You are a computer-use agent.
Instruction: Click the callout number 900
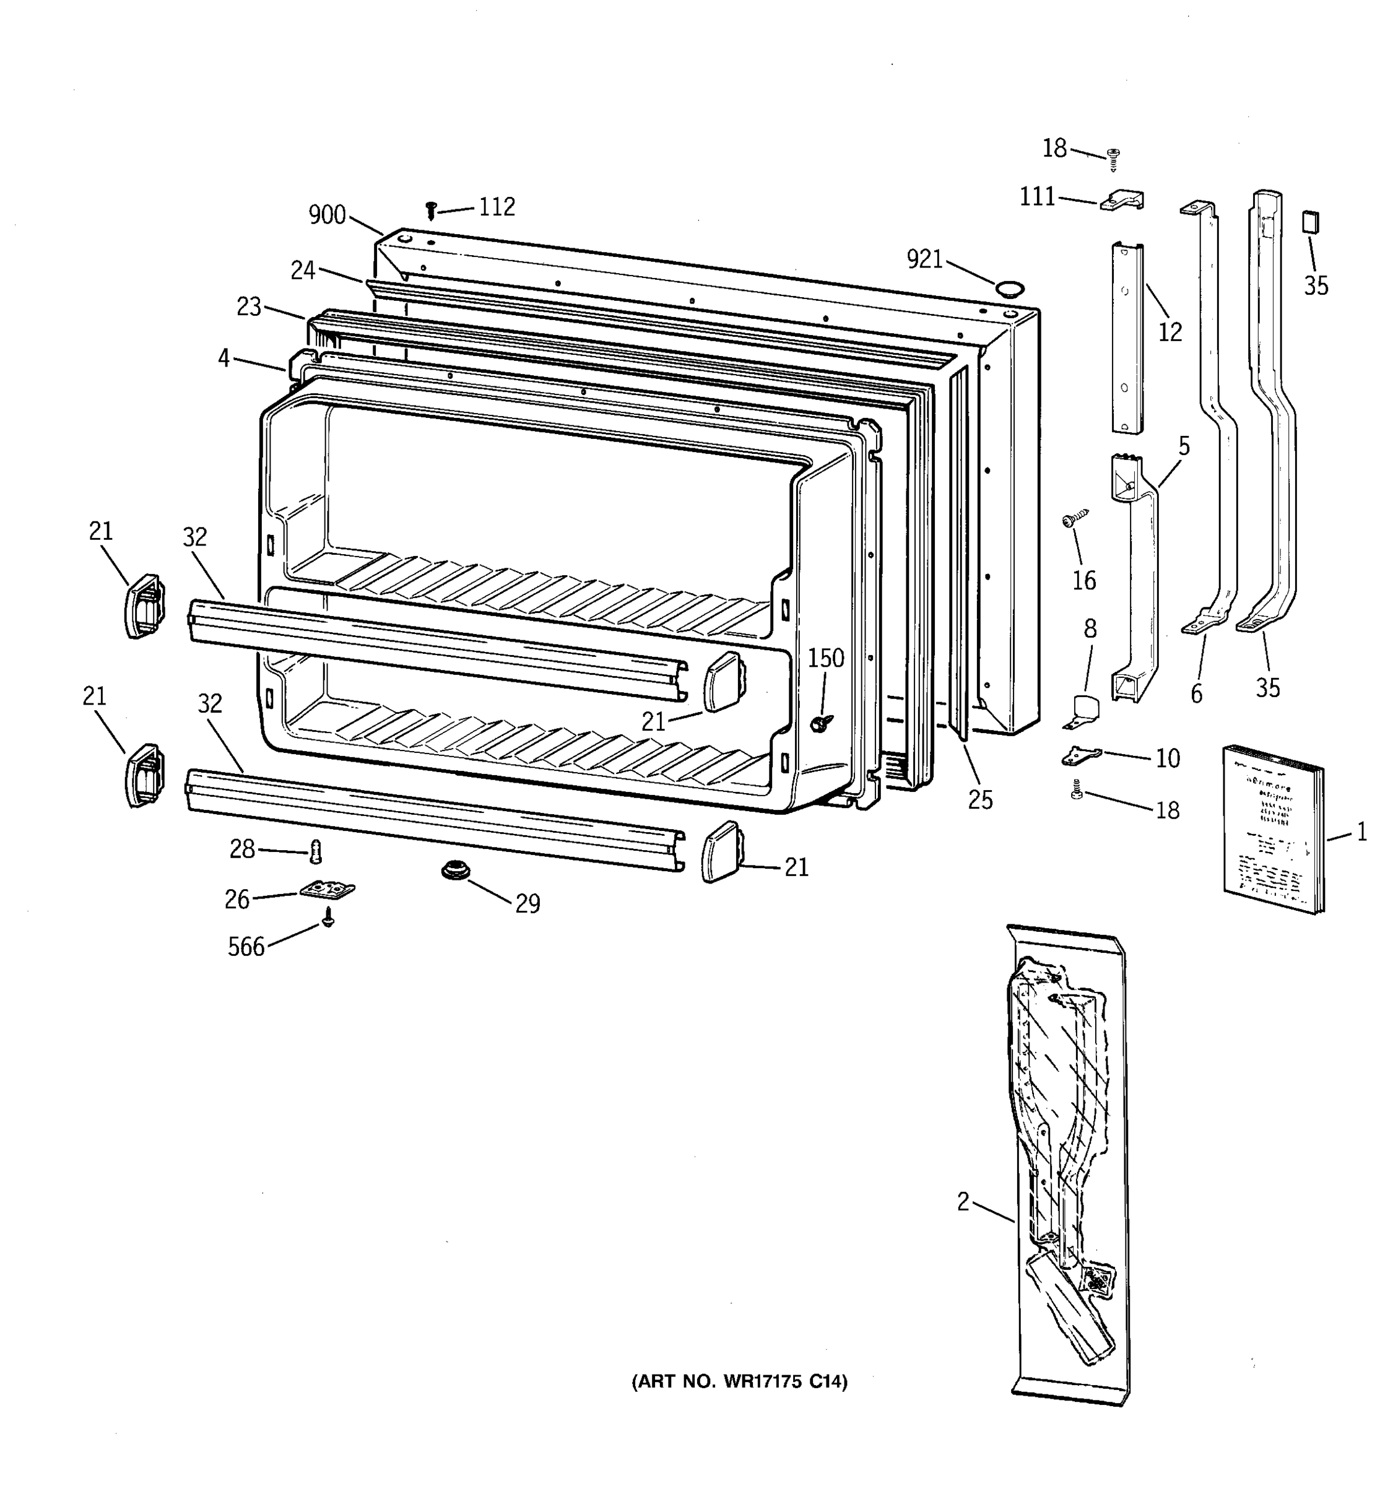pos(328,215)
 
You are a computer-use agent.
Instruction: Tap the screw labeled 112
pos(430,210)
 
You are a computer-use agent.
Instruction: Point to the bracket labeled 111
pos(1122,201)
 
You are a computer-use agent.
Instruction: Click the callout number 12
pos(1170,331)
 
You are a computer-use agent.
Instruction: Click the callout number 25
pos(981,800)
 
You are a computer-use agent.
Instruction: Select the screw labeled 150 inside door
pos(823,722)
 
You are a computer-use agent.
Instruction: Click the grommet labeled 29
pos(452,870)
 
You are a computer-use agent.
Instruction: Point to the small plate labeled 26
pos(326,890)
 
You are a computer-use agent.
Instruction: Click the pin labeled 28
pos(315,851)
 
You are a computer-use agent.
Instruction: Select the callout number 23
pos(249,306)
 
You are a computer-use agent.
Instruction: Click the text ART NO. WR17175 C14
pos(740,1382)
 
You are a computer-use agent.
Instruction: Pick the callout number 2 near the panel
pos(963,1202)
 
